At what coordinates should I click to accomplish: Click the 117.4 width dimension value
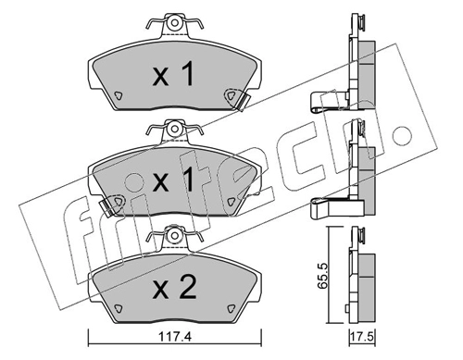[x=175, y=337]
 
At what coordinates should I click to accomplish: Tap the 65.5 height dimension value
[x=322, y=276]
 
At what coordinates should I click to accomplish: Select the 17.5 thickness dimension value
[x=362, y=337]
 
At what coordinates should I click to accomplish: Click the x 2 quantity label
[x=174, y=288]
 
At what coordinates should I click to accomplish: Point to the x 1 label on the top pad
[x=173, y=74]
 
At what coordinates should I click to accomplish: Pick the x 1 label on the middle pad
[x=173, y=180]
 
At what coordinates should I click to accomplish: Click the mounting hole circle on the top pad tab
[x=175, y=23]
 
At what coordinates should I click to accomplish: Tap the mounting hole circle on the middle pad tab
[x=175, y=129]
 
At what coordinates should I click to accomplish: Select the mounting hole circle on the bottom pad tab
[x=175, y=236]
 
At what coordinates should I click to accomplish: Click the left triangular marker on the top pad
[x=118, y=96]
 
